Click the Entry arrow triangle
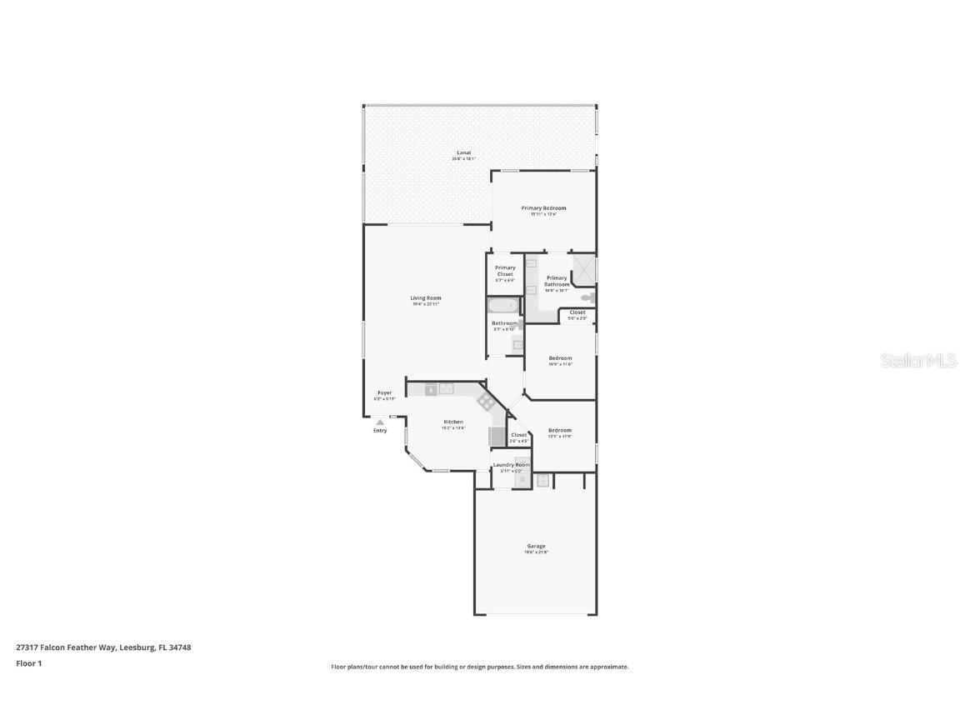[380, 422]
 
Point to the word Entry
[380, 431]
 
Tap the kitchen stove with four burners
[486, 402]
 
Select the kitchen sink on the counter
[447, 388]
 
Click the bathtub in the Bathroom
[502, 307]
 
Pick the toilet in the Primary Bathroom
[587, 297]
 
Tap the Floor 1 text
[28, 663]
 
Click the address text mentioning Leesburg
[103, 647]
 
